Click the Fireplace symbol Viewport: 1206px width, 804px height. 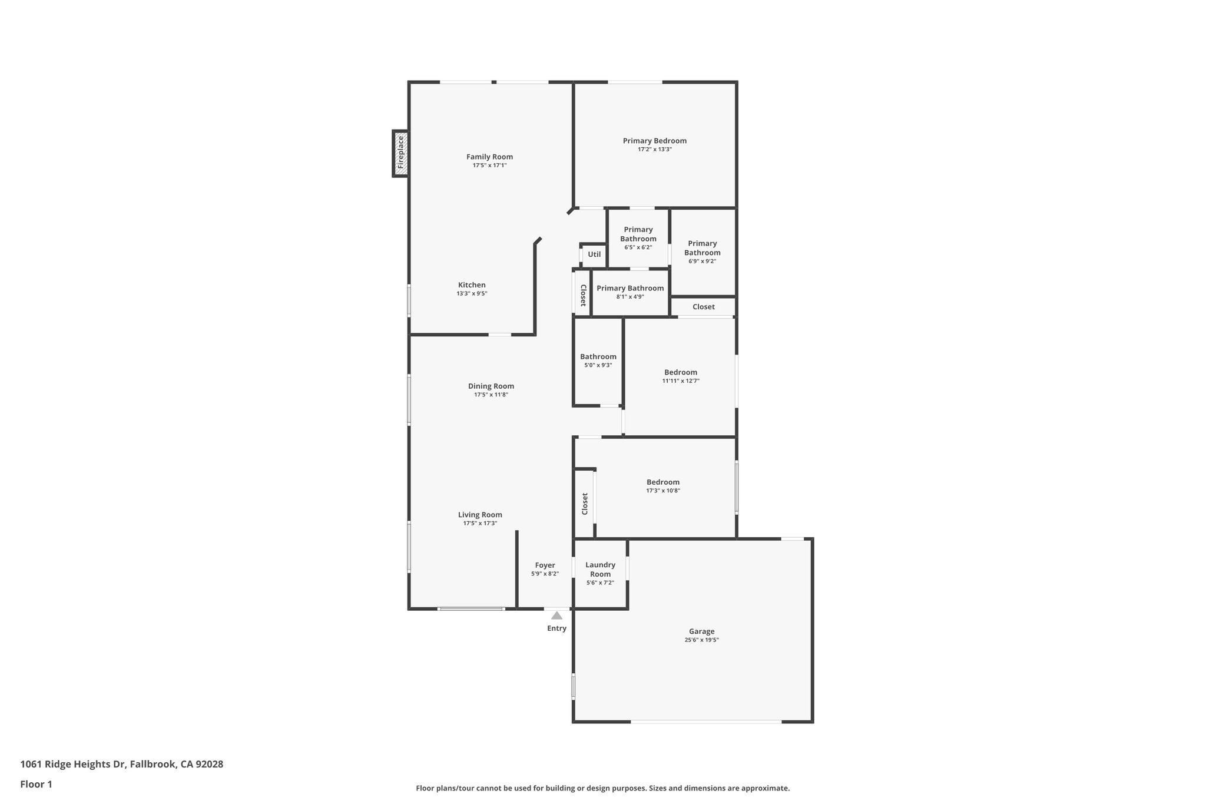coord(400,153)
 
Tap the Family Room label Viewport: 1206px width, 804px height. coord(489,157)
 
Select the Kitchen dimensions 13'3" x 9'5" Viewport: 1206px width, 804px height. coord(472,293)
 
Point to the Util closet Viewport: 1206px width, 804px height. coord(594,254)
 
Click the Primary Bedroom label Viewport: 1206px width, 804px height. coord(654,141)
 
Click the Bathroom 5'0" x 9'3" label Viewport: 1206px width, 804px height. coord(598,357)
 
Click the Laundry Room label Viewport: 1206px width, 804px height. coord(600,570)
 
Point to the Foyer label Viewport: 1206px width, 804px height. coord(545,565)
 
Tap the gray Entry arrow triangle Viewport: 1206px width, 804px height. coord(556,616)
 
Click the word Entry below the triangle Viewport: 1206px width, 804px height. coord(556,628)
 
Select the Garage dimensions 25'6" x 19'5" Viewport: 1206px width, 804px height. coord(701,640)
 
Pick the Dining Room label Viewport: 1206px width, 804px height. coord(491,386)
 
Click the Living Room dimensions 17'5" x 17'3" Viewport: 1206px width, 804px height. coord(480,523)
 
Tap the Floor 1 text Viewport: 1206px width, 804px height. coord(37,784)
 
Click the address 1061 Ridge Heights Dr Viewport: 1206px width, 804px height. coord(73,765)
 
